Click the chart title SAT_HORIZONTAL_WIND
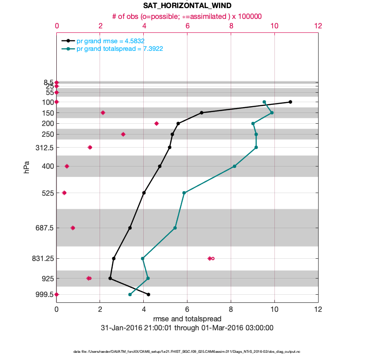click(x=187, y=6)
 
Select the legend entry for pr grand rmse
click(x=110, y=41)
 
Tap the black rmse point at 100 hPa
click(x=290, y=102)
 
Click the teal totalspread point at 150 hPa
click(x=272, y=112)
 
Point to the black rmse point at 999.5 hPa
click(x=148, y=294)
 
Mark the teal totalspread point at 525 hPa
click(x=184, y=193)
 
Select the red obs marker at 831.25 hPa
click(x=210, y=258)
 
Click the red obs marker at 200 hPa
click(x=156, y=123)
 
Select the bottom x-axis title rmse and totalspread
click(x=187, y=319)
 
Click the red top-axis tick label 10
click(x=274, y=26)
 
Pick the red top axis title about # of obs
click(x=187, y=16)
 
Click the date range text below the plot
click(x=187, y=328)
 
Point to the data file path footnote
click(x=187, y=351)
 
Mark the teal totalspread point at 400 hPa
click(x=234, y=166)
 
